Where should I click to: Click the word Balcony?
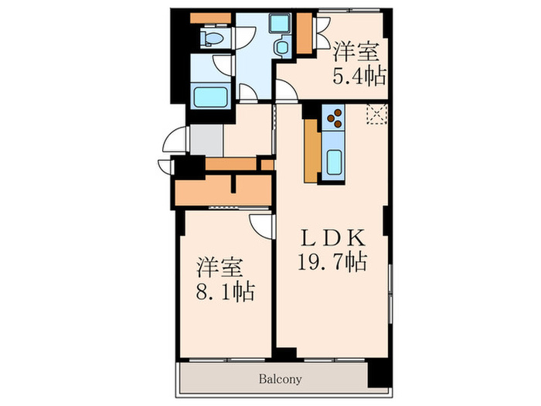click(x=275, y=380)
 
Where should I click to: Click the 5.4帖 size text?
click(x=359, y=76)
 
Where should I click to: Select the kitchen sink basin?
click(x=335, y=163)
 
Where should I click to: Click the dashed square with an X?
click(x=376, y=114)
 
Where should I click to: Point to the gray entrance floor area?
click(x=206, y=141)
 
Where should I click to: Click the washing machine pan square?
click(x=280, y=23)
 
